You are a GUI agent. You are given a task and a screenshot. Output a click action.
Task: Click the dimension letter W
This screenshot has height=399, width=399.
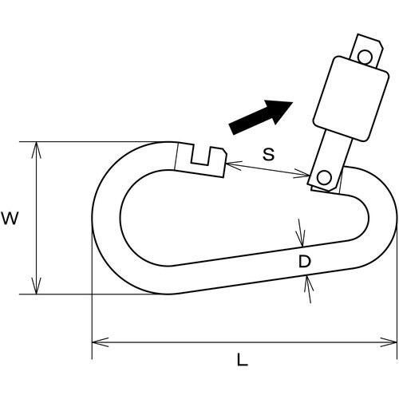point(10,218)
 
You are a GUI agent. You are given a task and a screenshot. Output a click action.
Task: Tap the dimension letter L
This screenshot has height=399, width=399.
point(242,360)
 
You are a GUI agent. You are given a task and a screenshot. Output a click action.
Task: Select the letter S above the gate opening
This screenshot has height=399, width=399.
point(268,155)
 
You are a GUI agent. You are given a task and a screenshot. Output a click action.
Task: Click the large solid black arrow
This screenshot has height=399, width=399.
point(260,115)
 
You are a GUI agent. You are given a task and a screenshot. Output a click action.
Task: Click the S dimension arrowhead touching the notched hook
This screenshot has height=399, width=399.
point(230,165)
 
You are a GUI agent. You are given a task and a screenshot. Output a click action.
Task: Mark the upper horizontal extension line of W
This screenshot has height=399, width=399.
point(96,142)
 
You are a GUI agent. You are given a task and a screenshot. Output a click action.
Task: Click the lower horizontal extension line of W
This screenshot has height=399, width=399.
point(96,294)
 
